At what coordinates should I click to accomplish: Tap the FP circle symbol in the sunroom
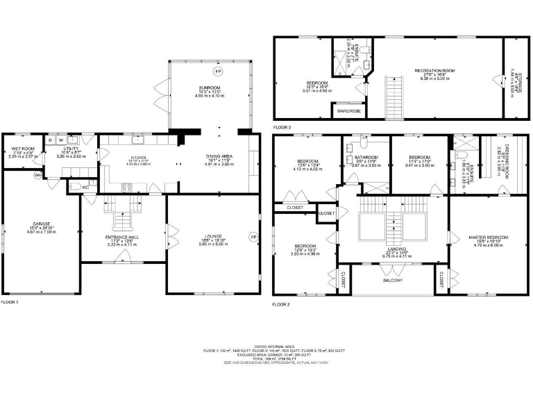coord(218,72)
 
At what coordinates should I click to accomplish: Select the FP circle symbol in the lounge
coord(253,237)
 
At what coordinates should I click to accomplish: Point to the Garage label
coord(40,224)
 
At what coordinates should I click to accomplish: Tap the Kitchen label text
coord(133,158)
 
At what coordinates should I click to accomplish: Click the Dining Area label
coord(219,156)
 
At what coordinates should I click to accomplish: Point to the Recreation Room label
coord(434,71)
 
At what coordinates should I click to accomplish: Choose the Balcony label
coord(393,280)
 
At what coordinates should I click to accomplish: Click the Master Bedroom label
coord(489,237)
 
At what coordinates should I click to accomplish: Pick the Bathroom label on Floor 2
coord(365,157)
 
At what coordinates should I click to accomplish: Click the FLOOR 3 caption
coord(282,128)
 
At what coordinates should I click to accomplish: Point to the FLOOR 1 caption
coord(10,302)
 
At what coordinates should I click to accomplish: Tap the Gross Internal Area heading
coord(266,346)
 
